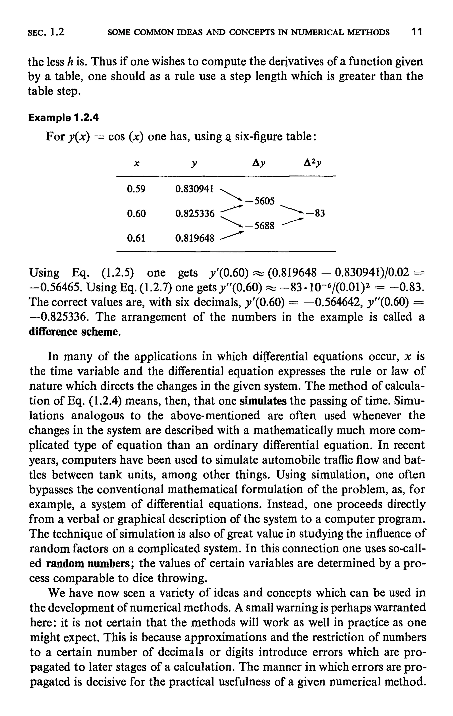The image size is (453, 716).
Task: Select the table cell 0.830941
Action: click(195, 189)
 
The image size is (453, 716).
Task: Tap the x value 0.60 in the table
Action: click(136, 213)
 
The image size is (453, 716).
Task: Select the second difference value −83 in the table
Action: click(316, 213)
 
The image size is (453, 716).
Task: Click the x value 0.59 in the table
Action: click(136, 189)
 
